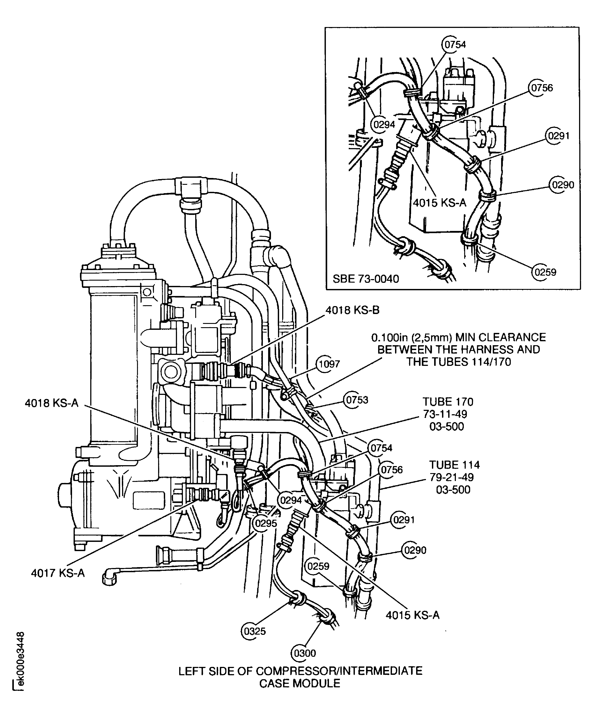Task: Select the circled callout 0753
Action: pyautogui.click(x=357, y=400)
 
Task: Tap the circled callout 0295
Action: pyautogui.click(x=266, y=523)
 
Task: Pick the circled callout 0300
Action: pyautogui.click(x=305, y=653)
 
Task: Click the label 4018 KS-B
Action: pyautogui.click(x=352, y=310)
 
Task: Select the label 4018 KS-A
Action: pyautogui.click(x=52, y=403)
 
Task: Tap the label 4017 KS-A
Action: pyautogui.click(x=58, y=573)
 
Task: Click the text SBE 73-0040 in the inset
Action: pyautogui.click(x=366, y=279)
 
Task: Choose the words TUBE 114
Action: pyautogui.click(x=454, y=465)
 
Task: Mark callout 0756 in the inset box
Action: pyautogui.click(x=542, y=88)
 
